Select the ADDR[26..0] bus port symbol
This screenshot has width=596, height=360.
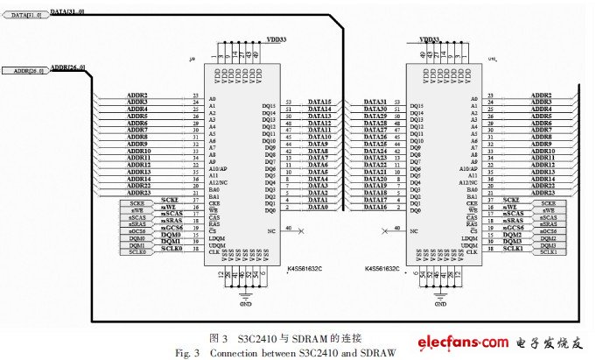coord(30,69)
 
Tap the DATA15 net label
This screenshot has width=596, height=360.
coord(319,102)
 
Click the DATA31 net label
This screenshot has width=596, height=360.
coord(375,102)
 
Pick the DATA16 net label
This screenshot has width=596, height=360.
coord(375,208)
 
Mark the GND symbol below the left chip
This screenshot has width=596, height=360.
coord(245,301)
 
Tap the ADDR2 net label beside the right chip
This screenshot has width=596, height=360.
coord(541,95)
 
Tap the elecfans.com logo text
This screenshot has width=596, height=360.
coord(466,340)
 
